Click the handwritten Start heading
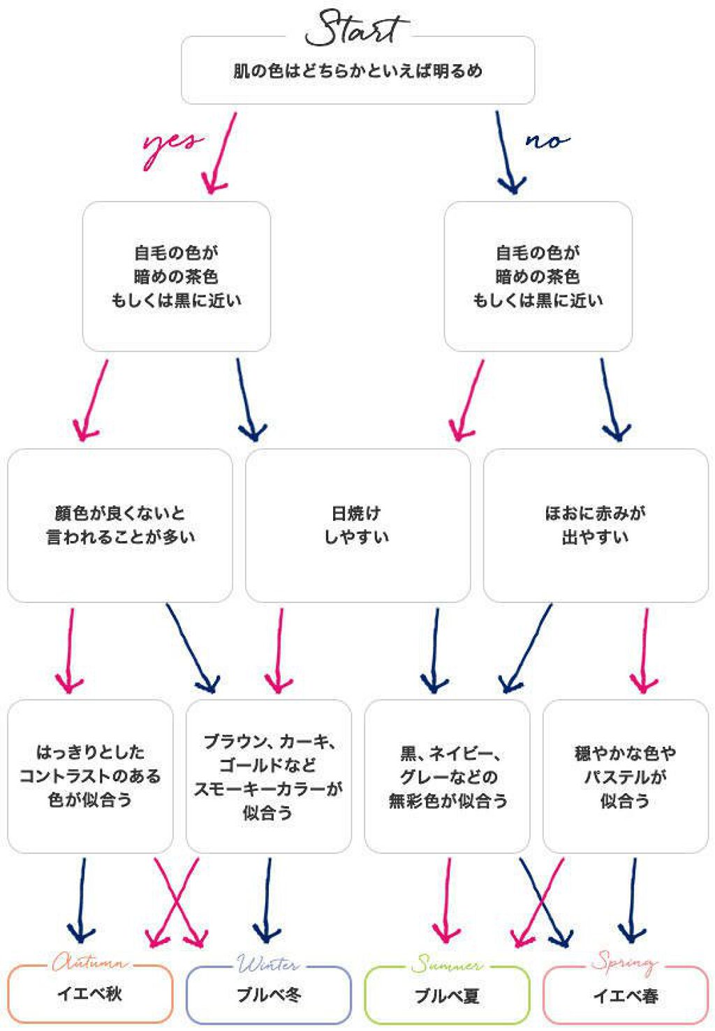pyautogui.click(x=354, y=28)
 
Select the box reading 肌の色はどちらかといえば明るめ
pyautogui.click(x=357, y=71)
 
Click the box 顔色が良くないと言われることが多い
pyautogui.click(x=120, y=525)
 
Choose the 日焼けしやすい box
pyautogui.click(x=357, y=525)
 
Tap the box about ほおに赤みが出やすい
pyautogui.click(x=596, y=525)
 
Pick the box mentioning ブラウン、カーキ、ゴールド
pyautogui.click(x=269, y=776)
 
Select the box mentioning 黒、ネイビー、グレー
pyautogui.click(x=447, y=776)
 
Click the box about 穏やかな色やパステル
pyautogui.click(x=626, y=776)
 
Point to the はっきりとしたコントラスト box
pyautogui.click(x=90, y=776)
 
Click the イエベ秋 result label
pyautogui.click(x=90, y=994)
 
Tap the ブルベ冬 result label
pyautogui.click(x=269, y=995)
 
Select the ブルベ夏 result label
pyautogui.click(x=447, y=995)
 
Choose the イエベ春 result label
pyautogui.click(x=626, y=995)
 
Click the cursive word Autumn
pyautogui.click(x=91, y=963)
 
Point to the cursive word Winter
pyautogui.click(x=269, y=964)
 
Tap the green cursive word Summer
pyautogui.click(x=447, y=965)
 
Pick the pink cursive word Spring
pyautogui.click(x=624, y=963)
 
